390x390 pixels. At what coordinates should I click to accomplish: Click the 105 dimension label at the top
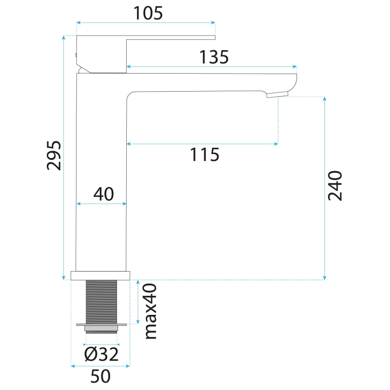(x=148, y=13)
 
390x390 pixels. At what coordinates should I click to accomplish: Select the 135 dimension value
(x=214, y=57)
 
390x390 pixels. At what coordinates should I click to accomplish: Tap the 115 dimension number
(x=205, y=155)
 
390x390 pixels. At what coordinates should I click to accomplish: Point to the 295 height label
(x=54, y=156)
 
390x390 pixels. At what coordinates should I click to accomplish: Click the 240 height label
(x=335, y=186)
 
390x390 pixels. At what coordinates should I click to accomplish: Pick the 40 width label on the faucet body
(x=104, y=194)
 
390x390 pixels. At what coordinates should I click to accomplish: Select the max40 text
(x=151, y=312)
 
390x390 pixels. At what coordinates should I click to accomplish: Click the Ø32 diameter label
(x=101, y=354)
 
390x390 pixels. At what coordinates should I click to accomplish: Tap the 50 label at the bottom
(x=100, y=376)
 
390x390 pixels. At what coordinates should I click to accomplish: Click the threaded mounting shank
(x=101, y=302)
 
